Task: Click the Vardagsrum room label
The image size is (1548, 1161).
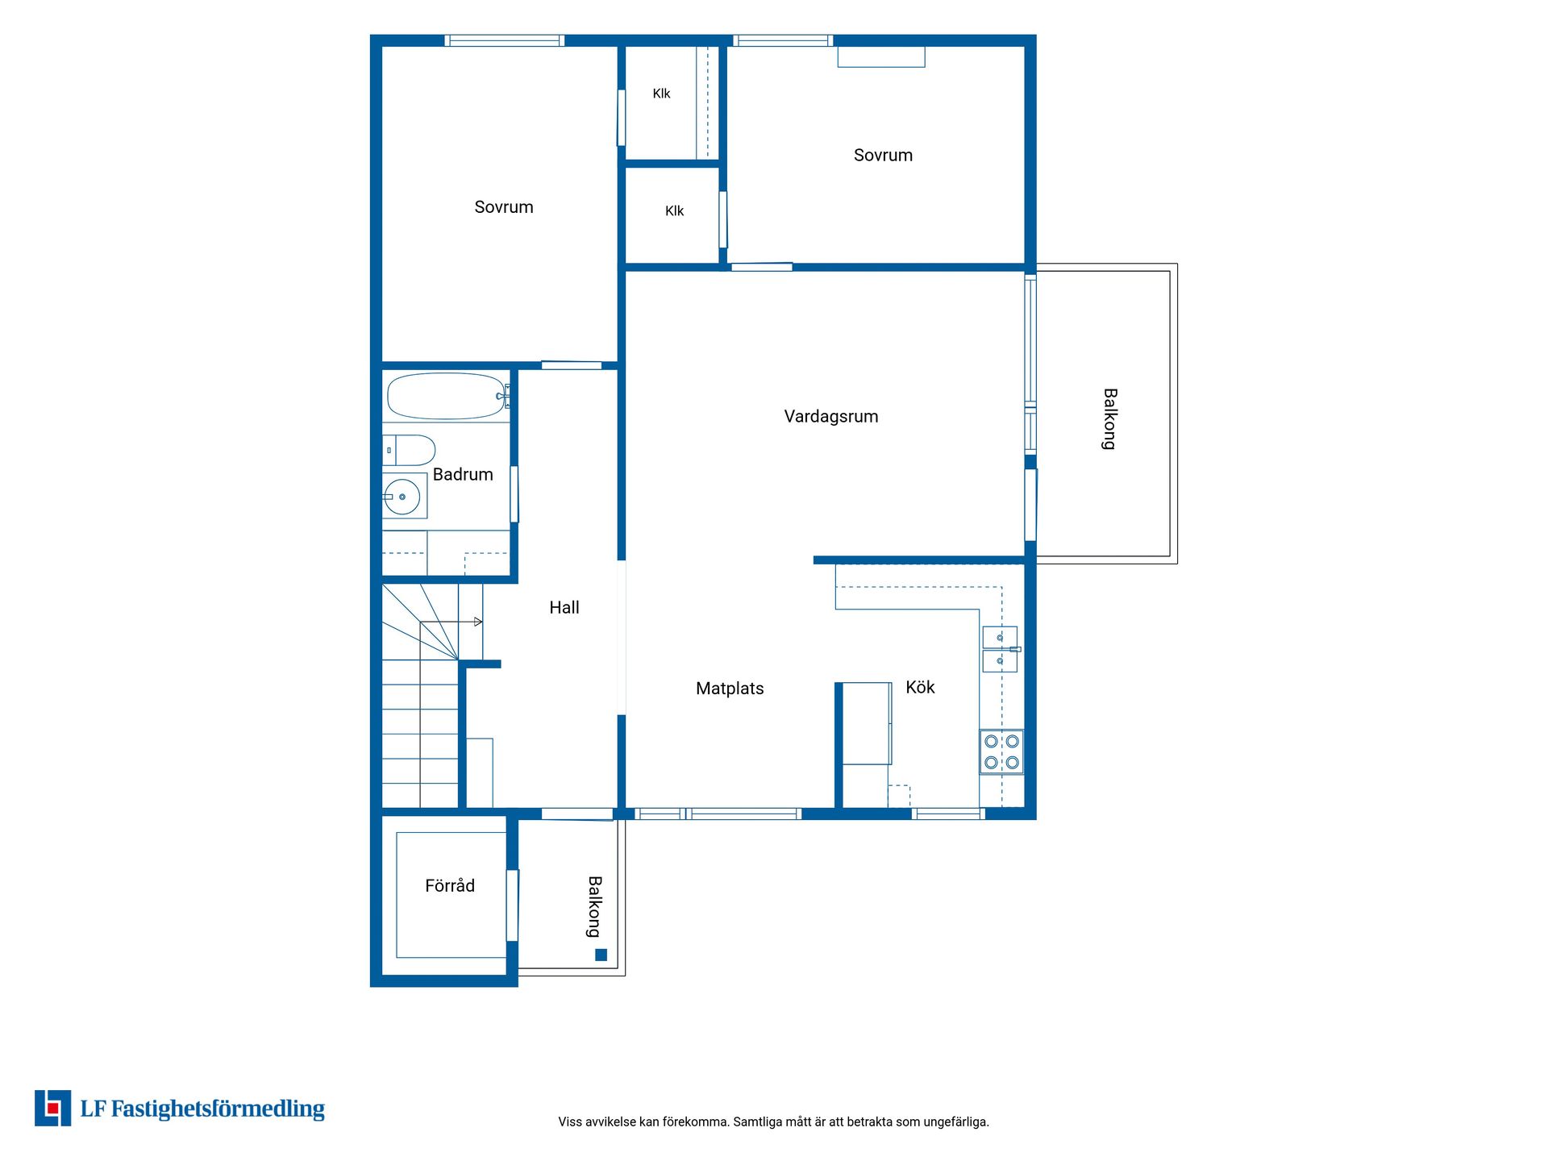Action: (x=831, y=417)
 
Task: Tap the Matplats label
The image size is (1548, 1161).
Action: (x=730, y=689)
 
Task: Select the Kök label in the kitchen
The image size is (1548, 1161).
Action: (x=920, y=687)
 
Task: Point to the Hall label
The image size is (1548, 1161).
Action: (x=564, y=607)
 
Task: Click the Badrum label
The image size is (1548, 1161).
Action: (x=463, y=474)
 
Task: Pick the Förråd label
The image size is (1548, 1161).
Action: (x=450, y=885)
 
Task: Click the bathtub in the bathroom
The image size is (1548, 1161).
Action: (x=447, y=396)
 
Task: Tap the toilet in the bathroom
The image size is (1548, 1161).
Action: (x=409, y=451)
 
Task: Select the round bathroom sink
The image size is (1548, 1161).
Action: (x=402, y=497)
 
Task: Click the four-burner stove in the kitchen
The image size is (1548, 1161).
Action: (x=1001, y=752)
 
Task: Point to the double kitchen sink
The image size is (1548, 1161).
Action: (x=1000, y=649)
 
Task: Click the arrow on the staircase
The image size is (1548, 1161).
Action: (x=451, y=622)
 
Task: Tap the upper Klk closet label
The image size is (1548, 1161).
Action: (x=661, y=94)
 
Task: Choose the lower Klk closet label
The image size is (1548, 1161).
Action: (x=674, y=211)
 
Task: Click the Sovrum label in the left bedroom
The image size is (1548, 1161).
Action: (x=504, y=207)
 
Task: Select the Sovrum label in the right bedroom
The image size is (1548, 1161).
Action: (x=883, y=156)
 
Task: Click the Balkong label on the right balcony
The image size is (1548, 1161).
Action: (x=1110, y=419)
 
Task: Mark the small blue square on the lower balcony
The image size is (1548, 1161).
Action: (x=601, y=955)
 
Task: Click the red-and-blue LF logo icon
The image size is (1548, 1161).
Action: (x=52, y=1108)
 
